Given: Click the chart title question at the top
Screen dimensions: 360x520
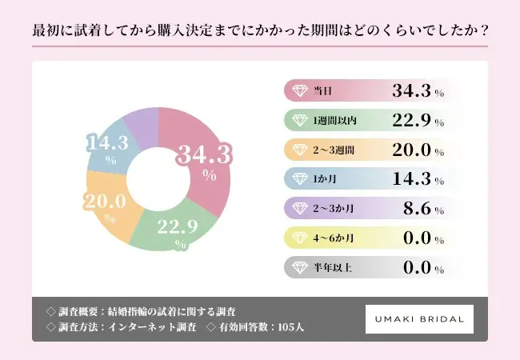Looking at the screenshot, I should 260,31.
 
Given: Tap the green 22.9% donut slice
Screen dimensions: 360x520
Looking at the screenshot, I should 171,227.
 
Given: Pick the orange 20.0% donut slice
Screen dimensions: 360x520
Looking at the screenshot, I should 109,207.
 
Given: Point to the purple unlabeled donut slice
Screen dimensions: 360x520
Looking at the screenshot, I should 141,121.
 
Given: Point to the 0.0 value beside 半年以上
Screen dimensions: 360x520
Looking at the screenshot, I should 416,267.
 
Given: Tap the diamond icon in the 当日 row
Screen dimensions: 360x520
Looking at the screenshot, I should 300,91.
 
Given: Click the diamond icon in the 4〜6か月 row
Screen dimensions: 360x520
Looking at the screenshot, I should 300,238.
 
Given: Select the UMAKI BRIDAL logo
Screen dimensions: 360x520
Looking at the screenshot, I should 419,318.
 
